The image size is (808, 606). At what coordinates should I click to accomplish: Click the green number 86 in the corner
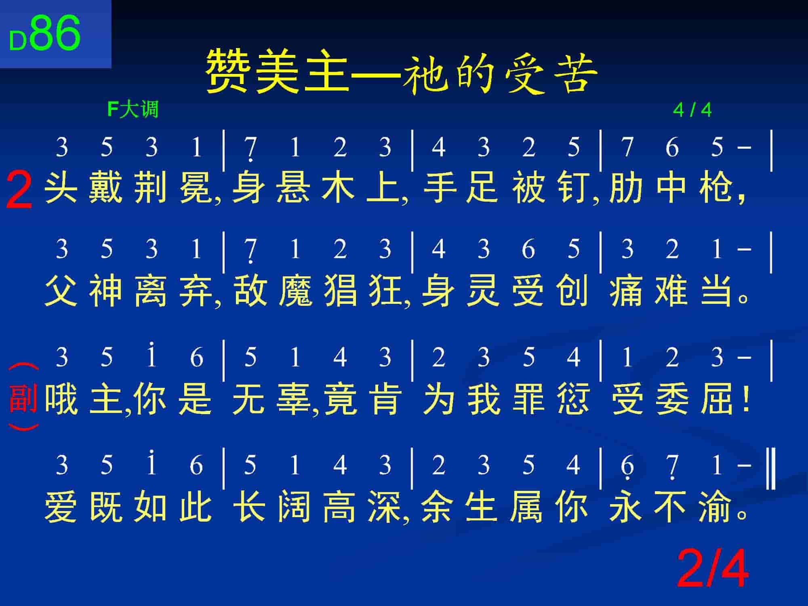point(55,33)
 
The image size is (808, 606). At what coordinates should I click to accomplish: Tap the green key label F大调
point(133,109)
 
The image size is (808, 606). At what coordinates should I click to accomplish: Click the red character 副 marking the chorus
point(23,398)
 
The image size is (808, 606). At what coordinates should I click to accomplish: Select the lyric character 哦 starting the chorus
point(61,399)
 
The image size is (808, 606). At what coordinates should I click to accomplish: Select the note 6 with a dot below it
point(627,467)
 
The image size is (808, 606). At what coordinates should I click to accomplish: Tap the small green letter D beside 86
point(18,41)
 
